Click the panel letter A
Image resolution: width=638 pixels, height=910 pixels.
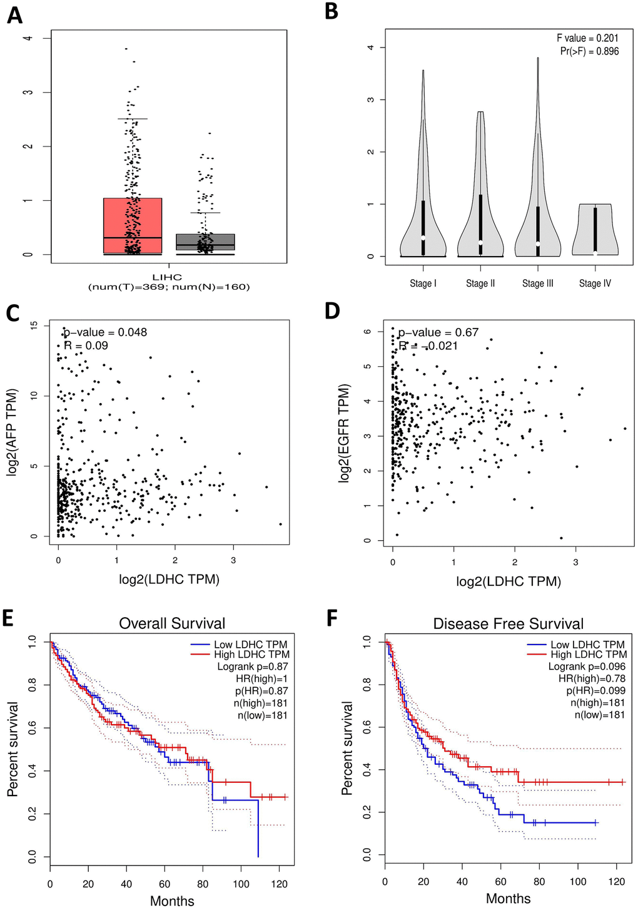14,14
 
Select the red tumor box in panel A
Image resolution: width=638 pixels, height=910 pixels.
133,225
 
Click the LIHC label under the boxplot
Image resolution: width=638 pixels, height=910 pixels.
167,277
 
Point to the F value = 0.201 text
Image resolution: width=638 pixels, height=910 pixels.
587,39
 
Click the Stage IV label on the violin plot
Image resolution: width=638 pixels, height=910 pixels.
595,284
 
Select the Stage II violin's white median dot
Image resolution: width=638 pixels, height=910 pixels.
480,243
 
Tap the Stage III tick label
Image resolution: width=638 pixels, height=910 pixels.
538,284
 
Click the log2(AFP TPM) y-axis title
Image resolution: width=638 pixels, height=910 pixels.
13,432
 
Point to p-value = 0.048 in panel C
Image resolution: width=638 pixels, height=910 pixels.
106,332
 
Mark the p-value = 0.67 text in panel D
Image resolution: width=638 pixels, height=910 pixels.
438,332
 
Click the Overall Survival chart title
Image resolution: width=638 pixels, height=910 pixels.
172,623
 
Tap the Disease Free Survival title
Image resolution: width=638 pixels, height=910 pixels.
508,624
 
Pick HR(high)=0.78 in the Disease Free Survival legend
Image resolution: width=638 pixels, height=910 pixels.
592,679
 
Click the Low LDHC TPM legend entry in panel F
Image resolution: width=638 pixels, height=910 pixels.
587,645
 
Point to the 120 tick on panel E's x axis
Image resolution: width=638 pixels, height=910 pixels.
279,884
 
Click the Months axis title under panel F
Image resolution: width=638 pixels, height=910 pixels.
508,899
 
